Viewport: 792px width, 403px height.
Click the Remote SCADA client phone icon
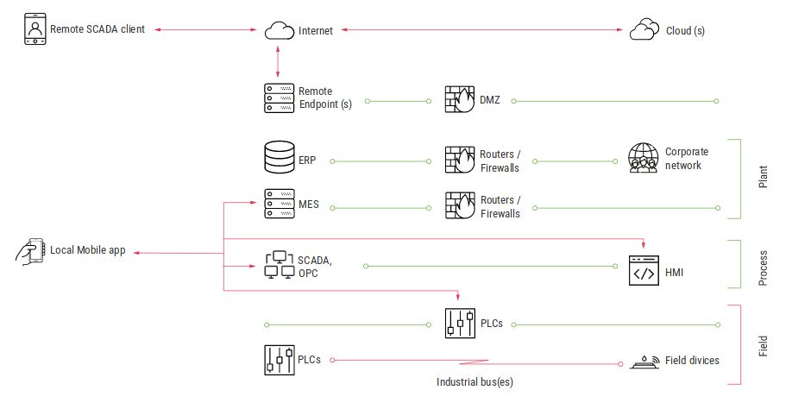(x=34, y=29)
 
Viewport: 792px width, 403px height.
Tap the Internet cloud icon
(x=277, y=31)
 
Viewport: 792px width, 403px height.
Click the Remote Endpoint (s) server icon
(x=278, y=98)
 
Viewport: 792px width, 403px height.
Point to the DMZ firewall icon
(x=458, y=99)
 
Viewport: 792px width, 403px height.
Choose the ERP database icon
(x=278, y=160)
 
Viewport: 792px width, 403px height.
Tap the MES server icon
(x=278, y=205)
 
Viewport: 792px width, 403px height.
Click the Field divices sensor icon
(x=644, y=361)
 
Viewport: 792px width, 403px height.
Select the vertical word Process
(x=764, y=264)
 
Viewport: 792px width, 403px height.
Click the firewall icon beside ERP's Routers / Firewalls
(x=458, y=160)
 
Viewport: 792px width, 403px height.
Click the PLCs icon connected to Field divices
(x=278, y=360)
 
